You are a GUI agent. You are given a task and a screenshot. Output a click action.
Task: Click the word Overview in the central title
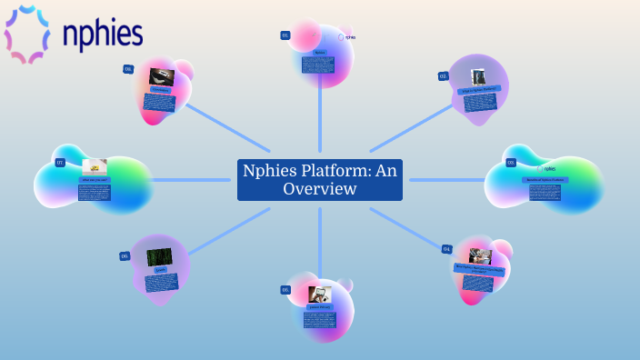319,189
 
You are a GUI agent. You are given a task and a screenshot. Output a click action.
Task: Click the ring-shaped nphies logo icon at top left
27,34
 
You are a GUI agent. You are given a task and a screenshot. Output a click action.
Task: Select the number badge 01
285,35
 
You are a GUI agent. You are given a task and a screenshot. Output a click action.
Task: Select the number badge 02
443,76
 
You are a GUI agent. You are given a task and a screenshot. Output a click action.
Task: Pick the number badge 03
511,163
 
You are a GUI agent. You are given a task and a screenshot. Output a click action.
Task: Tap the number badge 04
446,248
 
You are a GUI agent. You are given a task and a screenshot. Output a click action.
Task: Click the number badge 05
285,289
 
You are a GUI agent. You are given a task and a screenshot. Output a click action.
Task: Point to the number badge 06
125,256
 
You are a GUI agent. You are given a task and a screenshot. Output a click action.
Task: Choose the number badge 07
60,163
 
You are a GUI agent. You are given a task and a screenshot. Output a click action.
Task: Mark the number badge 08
128,69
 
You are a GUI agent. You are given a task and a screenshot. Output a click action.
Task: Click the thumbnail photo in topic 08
162,76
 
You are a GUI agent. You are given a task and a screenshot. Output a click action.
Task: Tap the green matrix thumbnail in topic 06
159,257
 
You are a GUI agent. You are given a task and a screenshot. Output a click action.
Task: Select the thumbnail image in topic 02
478,77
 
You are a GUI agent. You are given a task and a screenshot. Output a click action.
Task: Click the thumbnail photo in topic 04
480,256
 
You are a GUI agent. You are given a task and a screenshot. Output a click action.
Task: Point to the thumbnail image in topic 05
319,295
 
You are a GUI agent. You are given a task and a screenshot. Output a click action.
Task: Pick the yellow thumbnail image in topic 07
95,167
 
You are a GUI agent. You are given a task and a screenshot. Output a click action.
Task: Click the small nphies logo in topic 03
545,168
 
